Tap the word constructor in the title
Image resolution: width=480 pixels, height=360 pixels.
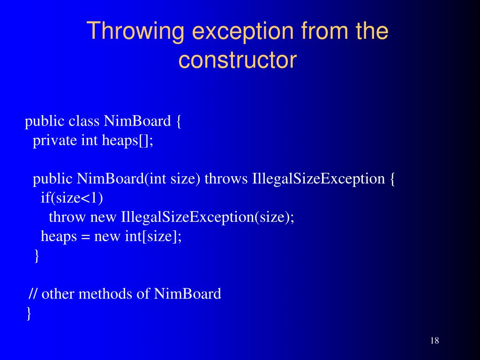[x=238, y=60]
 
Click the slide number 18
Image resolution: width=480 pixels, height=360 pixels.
[x=434, y=341]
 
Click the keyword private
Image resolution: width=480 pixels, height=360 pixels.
[x=55, y=141]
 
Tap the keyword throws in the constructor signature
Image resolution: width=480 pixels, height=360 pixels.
[x=226, y=179]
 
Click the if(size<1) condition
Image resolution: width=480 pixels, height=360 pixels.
[x=72, y=198]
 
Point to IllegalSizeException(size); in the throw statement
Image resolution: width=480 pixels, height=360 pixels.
[x=208, y=217]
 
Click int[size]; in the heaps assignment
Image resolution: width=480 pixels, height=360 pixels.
[x=153, y=237]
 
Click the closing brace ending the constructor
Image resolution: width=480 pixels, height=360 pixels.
[x=37, y=256]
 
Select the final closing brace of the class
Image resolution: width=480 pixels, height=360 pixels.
[x=29, y=313]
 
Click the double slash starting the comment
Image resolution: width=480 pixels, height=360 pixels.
[x=33, y=294]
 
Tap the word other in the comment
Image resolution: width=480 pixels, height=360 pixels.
[x=58, y=294]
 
